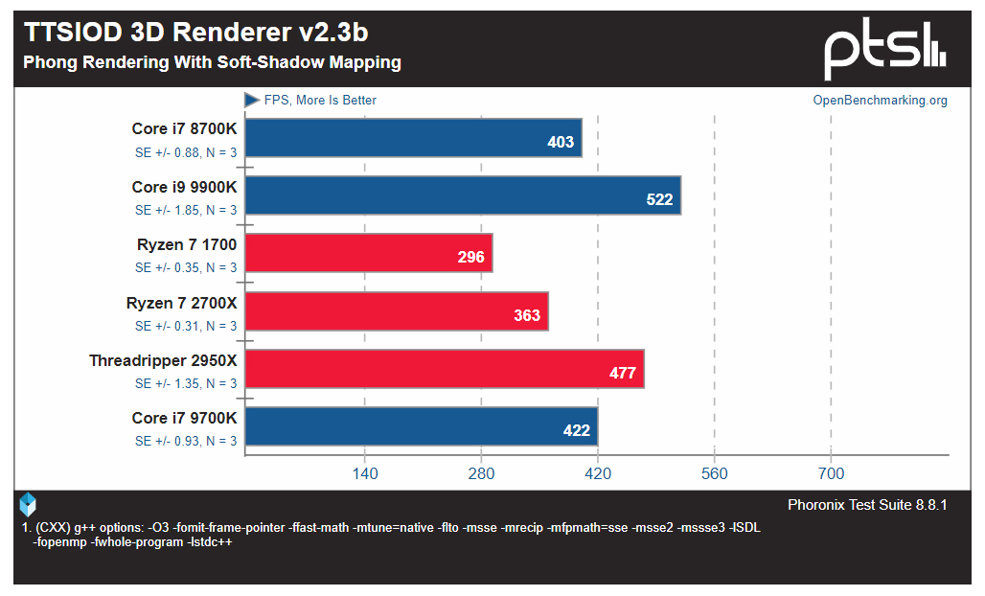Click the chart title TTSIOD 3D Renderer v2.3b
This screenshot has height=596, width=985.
coord(196,33)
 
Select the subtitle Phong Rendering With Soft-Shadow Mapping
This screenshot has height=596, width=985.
coord(212,63)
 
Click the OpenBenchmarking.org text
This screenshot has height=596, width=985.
coord(880,101)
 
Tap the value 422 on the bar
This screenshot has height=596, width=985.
coord(577,431)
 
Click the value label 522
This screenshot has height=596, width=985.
coord(659,200)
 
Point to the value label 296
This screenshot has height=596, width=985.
coord(471,258)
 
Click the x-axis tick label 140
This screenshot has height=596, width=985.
coord(364,473)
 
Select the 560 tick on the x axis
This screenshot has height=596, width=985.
coord(714,473)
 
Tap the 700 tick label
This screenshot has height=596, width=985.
coord(831,473)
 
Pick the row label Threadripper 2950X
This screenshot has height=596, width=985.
coord(163,360)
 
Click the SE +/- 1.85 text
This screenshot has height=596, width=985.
coord(186,211)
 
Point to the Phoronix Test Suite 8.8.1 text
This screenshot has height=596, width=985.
coord(867,505)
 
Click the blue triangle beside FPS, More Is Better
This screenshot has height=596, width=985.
coord(252,100)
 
